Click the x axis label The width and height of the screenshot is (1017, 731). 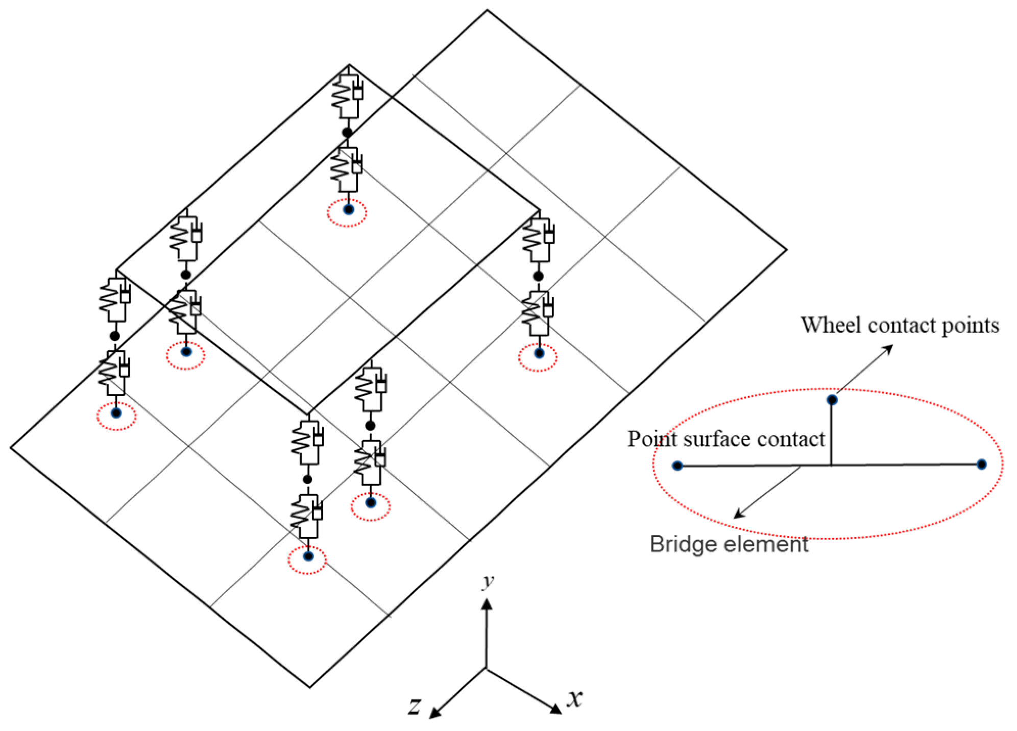click(575, 698)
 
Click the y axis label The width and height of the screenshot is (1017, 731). click(489, 581)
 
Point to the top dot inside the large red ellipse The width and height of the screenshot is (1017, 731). click(832, 400)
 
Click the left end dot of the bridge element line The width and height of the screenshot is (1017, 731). click(677, 466)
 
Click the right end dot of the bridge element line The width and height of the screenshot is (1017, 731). click(981, 464)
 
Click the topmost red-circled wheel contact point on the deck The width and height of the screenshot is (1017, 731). click(348, 209)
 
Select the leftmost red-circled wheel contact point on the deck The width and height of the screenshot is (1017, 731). click(116, 413)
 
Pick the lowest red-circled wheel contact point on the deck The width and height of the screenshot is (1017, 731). click(308, 556)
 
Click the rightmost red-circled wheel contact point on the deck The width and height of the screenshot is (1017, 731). click(539, 353)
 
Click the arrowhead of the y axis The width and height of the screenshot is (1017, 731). click(487, 604)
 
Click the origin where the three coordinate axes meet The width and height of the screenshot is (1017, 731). click(486, 668)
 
